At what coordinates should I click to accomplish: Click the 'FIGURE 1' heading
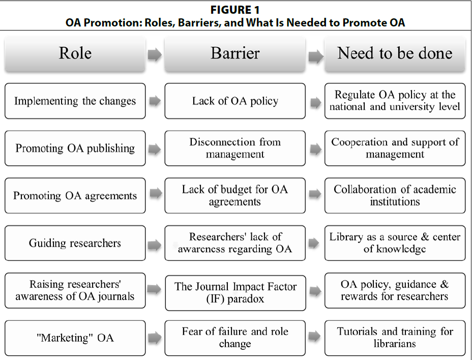(x=235, y=10)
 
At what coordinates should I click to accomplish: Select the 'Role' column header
(x=75, y=54)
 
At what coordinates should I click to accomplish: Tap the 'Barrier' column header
(x=235, y=54)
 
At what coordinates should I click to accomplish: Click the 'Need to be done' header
(x=395, y=54)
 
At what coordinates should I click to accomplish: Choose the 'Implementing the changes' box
(x=75, y=101)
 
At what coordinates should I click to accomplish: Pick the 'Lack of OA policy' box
(x=235, y=101)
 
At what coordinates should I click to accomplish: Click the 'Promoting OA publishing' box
(x=75, y=148)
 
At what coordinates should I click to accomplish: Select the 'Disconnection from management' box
(x=235, y=148)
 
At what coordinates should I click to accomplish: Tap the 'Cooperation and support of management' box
(x=395, y=148)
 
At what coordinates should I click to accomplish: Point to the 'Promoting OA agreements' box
(x=75, y=196)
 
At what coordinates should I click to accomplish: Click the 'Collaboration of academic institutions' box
(x=395, y=196)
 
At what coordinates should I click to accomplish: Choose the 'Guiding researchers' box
(x=75, y=243)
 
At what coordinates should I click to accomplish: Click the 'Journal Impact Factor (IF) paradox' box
(x=235, y=293)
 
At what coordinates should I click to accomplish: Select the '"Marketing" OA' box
(x=75, y=338)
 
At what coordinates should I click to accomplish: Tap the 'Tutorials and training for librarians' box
(x=395, y=338)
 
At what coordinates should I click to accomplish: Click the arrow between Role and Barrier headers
(x=155, y=54)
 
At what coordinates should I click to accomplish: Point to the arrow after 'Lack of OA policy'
(x=315, y=102)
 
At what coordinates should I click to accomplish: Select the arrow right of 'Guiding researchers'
(x=155, y=245)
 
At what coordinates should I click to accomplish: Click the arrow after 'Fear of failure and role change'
(x=314, y=336)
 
